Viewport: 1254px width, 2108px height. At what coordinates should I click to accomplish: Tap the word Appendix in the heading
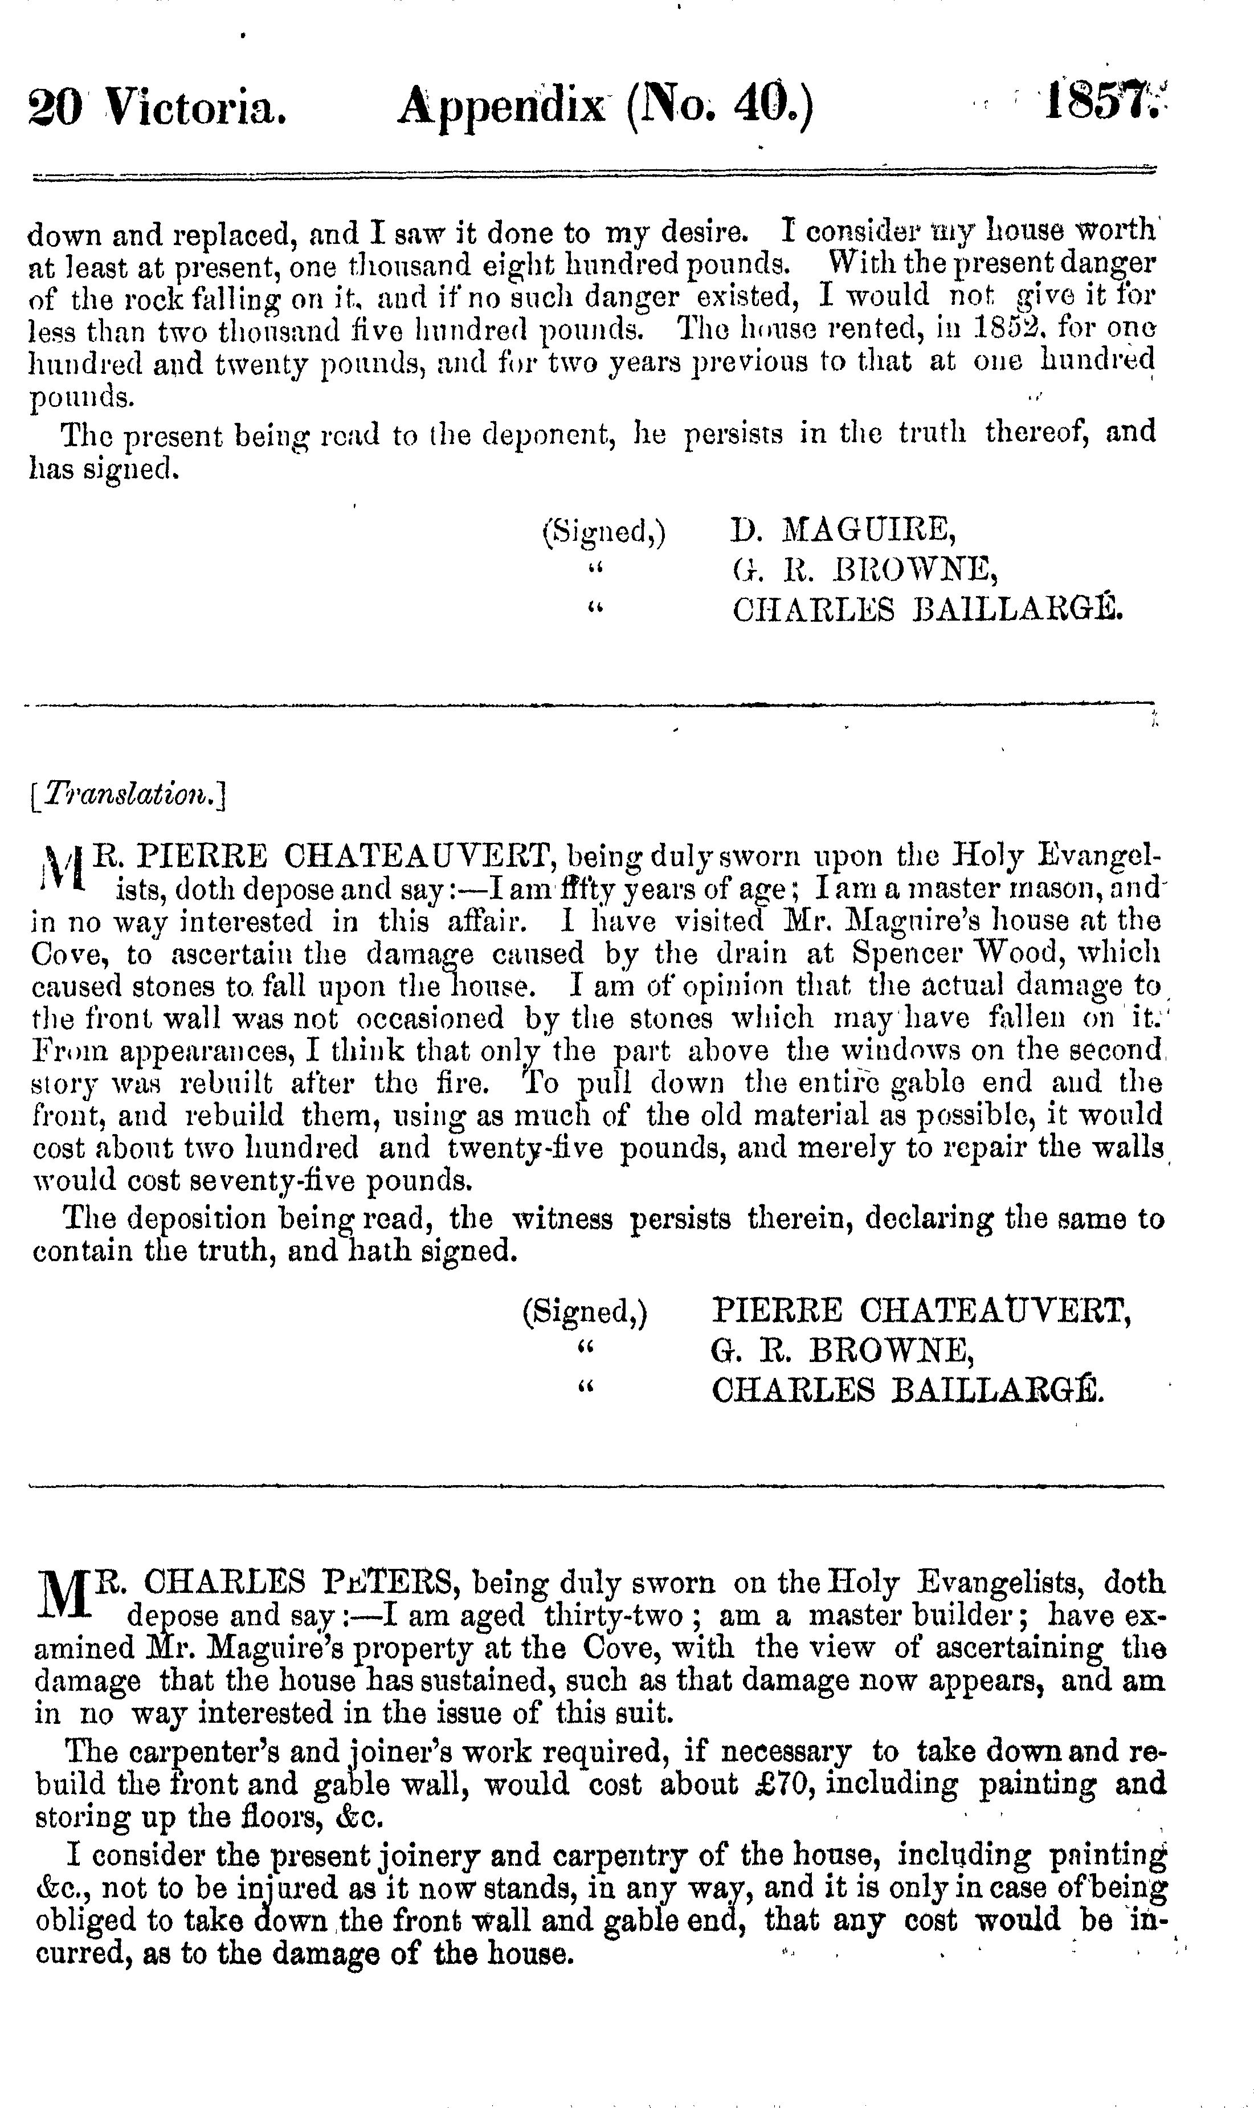[x=502, y=111]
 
